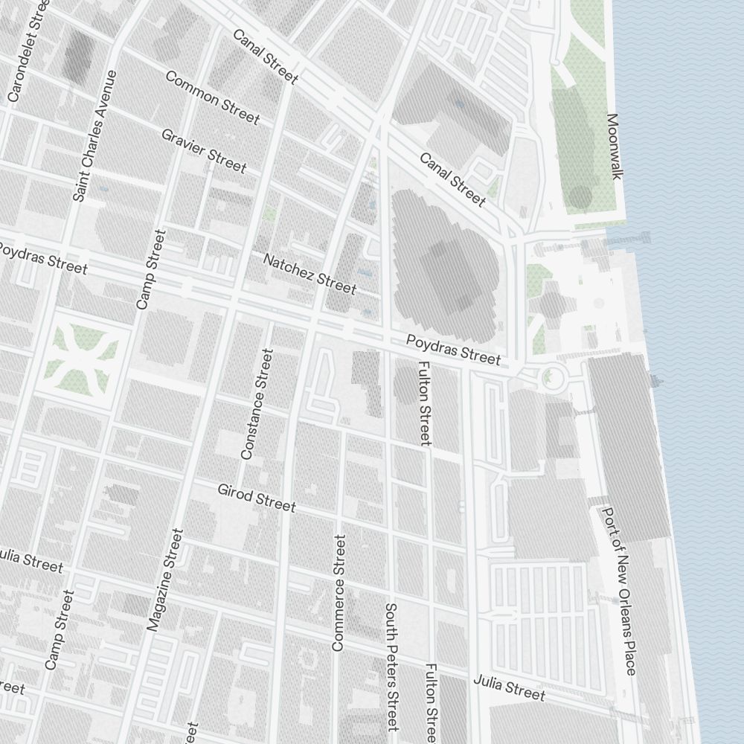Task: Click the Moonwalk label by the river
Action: pos(614,147)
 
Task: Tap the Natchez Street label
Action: pos(310,272)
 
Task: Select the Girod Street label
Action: pos(257,498)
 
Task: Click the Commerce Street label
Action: pos(339,593)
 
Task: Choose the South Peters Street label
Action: pos(392,667)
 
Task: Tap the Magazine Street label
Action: pos(164,580)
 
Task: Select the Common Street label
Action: pos(213,97)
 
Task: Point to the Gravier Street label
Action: pos(203,150)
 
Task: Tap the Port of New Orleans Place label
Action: pos(619,591)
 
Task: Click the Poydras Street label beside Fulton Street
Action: pos(453,350)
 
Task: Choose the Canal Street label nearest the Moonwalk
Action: pos(452,179)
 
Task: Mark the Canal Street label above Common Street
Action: pos(266,57)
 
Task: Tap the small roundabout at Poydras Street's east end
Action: pos(551,377)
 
